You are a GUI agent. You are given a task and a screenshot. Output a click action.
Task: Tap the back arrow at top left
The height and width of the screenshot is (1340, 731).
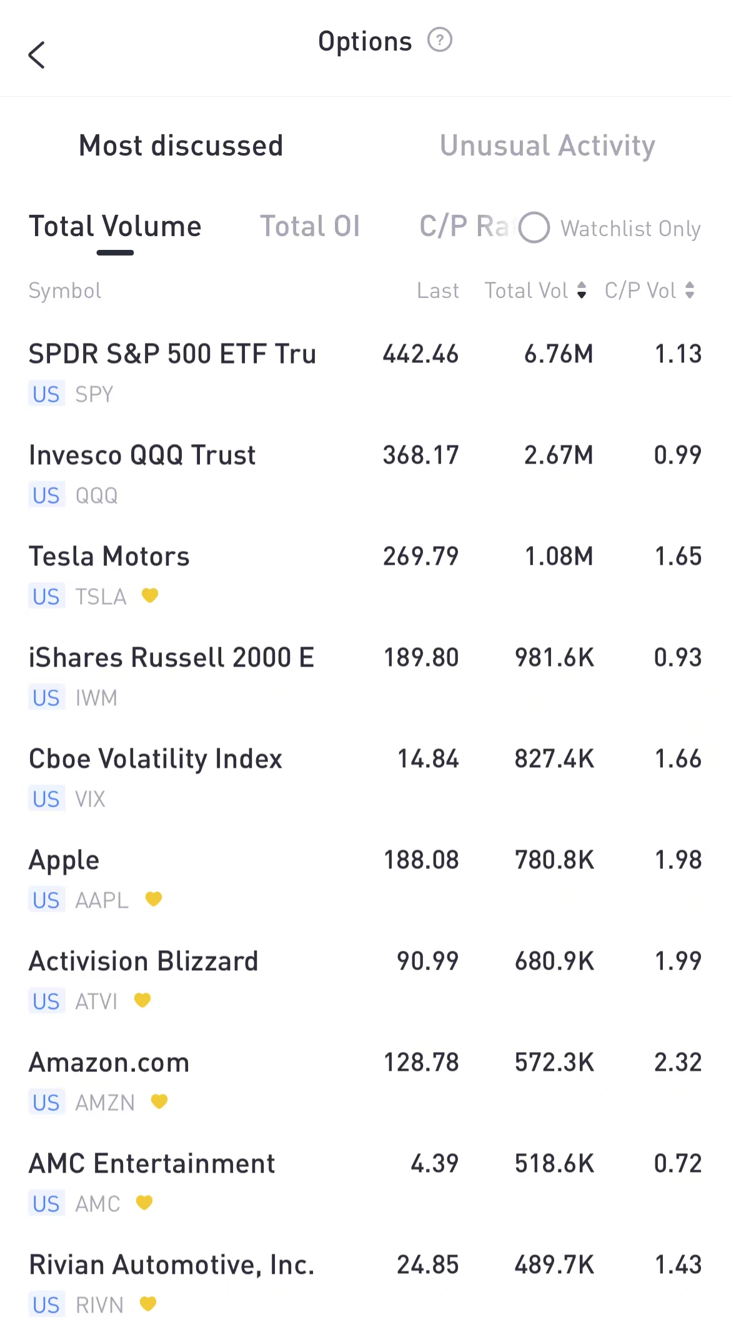click(x=37, y=55)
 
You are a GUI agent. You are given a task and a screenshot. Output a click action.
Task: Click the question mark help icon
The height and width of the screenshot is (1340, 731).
click(x=439, y=41)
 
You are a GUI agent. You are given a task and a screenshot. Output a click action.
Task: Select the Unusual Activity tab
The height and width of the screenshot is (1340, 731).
click(x=547, y=146)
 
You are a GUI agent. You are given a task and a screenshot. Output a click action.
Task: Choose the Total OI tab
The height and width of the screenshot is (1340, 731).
click(x=310, y=226)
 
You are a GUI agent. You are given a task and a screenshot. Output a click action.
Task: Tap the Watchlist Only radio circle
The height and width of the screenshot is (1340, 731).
click(x=534, y=227)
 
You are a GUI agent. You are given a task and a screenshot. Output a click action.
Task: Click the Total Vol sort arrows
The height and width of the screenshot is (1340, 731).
click(x=582, y=290)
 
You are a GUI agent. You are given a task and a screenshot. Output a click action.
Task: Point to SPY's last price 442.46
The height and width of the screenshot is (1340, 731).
click(x=420, y=354)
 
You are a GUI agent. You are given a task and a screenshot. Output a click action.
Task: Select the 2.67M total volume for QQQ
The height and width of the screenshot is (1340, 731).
click(x=559, y=455)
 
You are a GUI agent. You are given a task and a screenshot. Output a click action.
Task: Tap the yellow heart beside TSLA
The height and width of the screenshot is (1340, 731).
click(x=150, y=595)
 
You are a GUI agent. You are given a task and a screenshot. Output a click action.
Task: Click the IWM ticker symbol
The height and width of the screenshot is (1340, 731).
click(x=96, y=698)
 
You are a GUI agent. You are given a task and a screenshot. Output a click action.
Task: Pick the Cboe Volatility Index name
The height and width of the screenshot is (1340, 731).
click(x=156, y=759)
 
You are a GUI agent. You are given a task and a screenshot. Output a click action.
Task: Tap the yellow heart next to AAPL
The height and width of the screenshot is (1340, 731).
click(x=154, y=899)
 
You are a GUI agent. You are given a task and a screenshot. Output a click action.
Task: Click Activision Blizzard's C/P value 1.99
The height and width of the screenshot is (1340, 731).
click(x=678, y=961)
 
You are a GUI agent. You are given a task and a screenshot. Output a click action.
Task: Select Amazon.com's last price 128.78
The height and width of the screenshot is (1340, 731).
click(x=421, y=1063)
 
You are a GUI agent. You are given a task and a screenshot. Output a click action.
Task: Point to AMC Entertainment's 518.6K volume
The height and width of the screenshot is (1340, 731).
click(x=554, y=1164)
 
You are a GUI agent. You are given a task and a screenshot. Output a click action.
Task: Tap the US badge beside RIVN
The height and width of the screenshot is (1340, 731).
click(x=46, y=1305)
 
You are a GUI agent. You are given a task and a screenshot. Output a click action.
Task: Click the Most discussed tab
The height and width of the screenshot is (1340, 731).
click(x=181, y=146)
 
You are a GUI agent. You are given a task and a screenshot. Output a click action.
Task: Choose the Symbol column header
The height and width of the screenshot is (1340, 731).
click(x=65, y=290)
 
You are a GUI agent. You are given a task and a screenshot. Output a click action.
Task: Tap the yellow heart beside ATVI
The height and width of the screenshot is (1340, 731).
click(x=142, y=1000)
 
